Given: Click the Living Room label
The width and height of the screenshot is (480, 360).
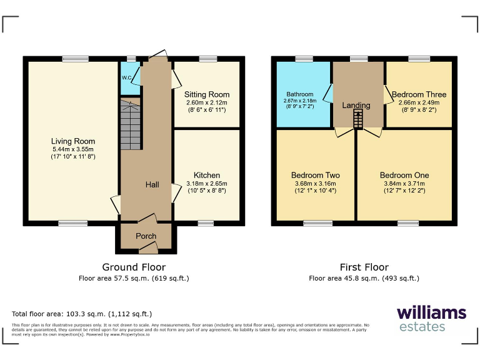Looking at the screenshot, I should [x=72, y=141].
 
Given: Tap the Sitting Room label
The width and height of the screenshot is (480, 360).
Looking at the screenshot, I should [x=206, y=94].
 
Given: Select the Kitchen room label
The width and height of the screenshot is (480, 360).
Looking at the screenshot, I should [x=206, y=175].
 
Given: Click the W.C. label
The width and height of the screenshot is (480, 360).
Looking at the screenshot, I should [x=126, y=77].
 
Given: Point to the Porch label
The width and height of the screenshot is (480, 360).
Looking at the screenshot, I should [x=146, y=236].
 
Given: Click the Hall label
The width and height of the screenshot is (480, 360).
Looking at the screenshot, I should [x=152, y=184].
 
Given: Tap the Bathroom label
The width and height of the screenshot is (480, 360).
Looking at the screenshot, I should [x=300, y=94].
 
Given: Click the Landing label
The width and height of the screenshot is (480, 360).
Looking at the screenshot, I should [x=356, y=105].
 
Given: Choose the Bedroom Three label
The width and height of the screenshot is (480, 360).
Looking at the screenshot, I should [x=419, y=94].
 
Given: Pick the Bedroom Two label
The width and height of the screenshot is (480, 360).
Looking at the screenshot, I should [x=316, y=175].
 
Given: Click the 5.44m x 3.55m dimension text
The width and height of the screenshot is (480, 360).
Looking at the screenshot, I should [x=72, y=150].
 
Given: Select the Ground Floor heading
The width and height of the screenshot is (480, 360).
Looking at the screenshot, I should [x=134, y=267].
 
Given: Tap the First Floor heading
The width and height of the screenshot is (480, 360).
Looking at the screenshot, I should [x=364, y=267].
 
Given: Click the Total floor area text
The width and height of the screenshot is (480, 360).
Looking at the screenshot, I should [x=82, y=314].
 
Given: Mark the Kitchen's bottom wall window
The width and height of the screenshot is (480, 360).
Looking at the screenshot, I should [x=206, y=222].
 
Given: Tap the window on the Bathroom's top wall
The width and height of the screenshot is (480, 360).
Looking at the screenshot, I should [x=304, y=59].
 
